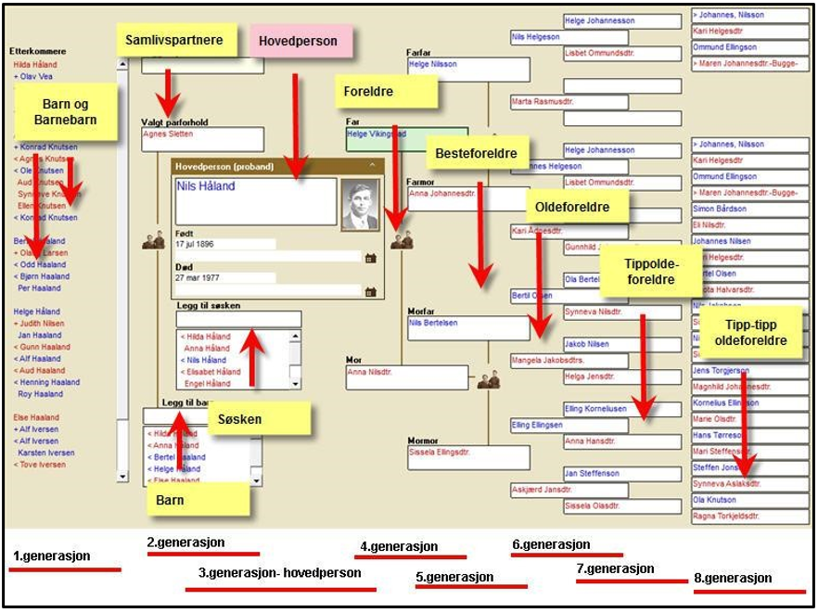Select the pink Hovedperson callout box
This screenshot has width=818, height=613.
300,42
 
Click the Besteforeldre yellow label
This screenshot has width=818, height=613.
476,151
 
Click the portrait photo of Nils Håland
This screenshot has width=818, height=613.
360,204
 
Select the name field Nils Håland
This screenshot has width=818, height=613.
255,199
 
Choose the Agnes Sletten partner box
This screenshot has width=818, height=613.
201,138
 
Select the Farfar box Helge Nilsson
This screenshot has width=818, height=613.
467,69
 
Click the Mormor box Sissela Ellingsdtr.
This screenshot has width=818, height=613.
467,457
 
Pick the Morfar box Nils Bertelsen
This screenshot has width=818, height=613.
467,327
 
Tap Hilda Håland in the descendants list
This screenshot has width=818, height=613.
35,65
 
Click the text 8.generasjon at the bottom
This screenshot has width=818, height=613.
733,578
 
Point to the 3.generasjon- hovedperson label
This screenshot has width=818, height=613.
281,573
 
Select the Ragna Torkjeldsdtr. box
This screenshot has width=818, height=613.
749,516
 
